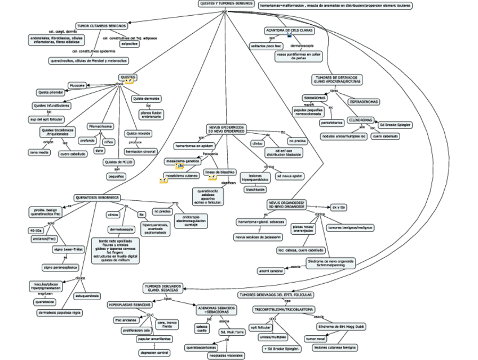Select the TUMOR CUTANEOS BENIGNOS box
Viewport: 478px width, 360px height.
101,25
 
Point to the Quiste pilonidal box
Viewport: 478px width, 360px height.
51,92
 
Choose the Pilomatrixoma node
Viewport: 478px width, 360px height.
100,126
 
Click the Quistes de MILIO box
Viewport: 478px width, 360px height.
118,162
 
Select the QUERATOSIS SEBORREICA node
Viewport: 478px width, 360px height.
97,197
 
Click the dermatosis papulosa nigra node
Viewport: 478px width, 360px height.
60,312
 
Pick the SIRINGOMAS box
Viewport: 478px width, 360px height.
315,98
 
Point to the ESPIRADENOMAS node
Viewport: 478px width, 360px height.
364,102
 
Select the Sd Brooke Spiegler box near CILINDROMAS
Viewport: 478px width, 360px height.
395,124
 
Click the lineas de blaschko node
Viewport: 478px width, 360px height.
220,172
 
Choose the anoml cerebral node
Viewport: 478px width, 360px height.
271,271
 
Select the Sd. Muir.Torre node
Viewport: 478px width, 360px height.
232,332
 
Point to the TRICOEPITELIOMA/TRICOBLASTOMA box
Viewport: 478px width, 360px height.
284,309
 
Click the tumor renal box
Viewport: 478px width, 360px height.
316,339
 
